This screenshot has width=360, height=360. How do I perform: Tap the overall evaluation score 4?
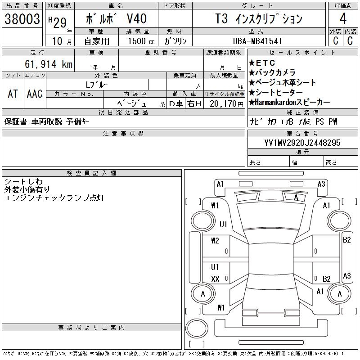coord(343,19)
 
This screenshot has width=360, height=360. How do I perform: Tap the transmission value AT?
coord(13,94)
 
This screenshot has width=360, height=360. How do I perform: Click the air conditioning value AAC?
coord(35,94)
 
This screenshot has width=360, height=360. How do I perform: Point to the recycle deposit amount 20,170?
coord(225,103)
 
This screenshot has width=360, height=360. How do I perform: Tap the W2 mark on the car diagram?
coord(215,240)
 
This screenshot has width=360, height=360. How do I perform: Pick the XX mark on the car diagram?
coord(215,279)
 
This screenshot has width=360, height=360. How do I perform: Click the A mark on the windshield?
coord(296,197)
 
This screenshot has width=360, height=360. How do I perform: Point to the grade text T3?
coord(222,19)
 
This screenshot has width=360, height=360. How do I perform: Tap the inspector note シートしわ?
coord(22,181)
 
